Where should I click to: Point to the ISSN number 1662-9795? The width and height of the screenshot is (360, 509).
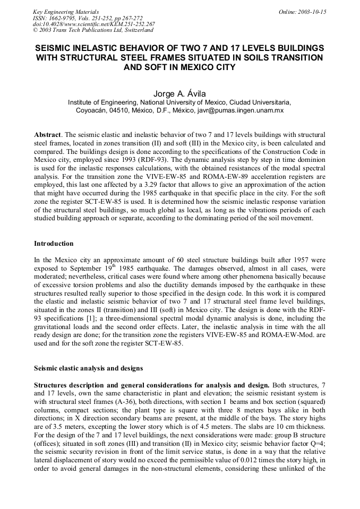pos(63,18)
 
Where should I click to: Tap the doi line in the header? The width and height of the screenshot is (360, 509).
pos(93,24)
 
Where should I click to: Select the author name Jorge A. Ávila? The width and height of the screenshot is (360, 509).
pos(179,93)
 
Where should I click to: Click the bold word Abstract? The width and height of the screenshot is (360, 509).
pos(46,135)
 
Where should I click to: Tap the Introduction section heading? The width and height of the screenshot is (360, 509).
pos(54,244)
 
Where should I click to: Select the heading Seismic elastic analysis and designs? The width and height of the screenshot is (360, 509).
pos(88,368)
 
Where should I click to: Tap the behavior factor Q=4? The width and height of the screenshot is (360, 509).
pos(317,444)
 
